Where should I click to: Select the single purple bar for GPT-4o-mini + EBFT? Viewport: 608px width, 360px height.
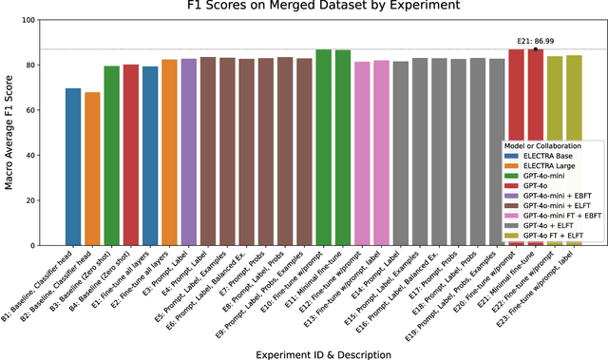(x=188, y=152)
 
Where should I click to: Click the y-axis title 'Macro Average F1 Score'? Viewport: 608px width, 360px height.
(x=12, y=132)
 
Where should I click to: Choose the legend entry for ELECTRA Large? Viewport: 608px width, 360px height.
(x=544, y=165)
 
